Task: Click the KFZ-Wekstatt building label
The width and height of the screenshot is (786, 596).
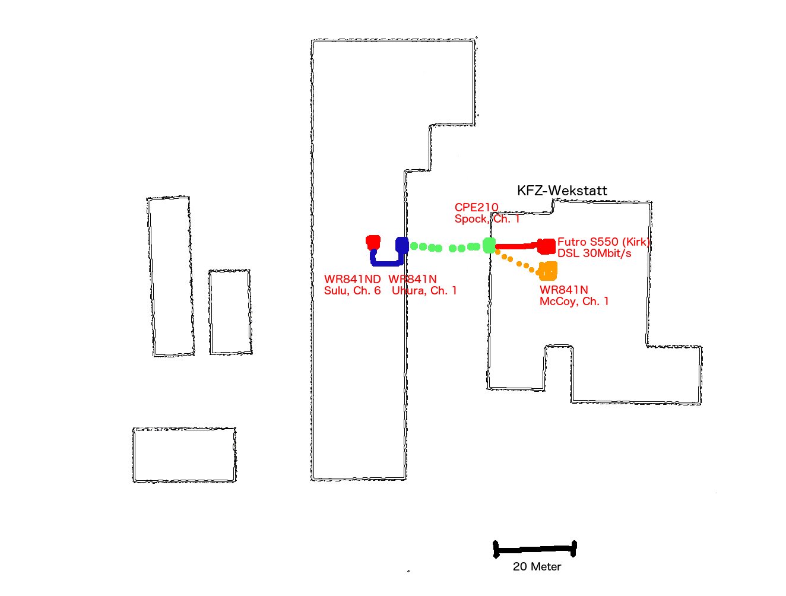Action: tap(562, 191)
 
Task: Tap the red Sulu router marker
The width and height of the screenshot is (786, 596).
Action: tap(373, 242)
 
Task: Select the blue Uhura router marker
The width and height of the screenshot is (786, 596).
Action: tap(402, 245)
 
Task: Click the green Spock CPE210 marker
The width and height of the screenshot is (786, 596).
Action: tap(489, 245)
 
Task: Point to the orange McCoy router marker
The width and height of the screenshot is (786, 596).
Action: tap(548, 271)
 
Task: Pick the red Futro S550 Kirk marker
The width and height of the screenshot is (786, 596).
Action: tap(547, 246)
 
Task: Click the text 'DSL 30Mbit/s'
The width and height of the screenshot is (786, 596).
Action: tap(594, 253)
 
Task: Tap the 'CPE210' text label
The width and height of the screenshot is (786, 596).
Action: tap(476, 207)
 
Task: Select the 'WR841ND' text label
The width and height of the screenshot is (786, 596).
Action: tap(352, 279)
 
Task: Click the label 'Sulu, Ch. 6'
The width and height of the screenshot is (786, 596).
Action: tap(352, 291)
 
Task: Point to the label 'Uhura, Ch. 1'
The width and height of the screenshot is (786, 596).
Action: tap(424, 291)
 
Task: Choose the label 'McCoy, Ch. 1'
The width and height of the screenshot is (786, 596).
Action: tap(573, 302)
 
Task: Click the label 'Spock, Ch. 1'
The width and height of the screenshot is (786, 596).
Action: tap(487, 219)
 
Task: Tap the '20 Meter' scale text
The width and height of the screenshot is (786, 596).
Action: tap(537, 567)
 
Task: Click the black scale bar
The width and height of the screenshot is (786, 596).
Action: tap(534, 550)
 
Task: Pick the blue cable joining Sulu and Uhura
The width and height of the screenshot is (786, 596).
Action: tap(386, 262)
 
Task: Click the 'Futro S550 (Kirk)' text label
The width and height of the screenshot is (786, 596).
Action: tap(603, 242)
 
